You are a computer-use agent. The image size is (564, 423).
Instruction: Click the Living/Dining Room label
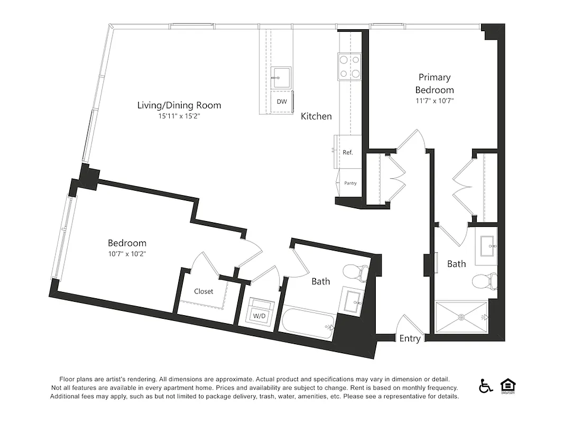point(179,105)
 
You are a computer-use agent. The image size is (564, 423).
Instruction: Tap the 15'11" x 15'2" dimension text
point(179,116)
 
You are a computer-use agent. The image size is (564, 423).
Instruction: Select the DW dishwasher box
point(282,102)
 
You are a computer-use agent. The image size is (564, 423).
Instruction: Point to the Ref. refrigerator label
point(348,152)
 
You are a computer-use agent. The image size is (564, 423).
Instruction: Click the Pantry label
point(350,183)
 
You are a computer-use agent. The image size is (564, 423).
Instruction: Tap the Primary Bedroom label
point(434,84)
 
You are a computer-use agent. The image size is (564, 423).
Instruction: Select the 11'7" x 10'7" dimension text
point(434,100)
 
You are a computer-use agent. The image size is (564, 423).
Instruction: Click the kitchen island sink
point(281,78)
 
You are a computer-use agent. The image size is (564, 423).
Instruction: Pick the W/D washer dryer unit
point(260,312)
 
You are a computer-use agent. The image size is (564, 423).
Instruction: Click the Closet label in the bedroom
point(204,291)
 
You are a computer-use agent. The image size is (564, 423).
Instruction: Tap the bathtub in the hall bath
point(309,324)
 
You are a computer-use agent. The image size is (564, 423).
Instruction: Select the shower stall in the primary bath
point(461,317)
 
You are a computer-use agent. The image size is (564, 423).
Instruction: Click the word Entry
point(410,339)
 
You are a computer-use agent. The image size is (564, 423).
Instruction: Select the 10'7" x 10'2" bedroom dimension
point(127,254)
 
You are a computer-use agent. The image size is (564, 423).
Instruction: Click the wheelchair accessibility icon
point(485,386)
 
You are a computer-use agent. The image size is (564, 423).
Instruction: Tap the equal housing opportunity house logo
point(507,386)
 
